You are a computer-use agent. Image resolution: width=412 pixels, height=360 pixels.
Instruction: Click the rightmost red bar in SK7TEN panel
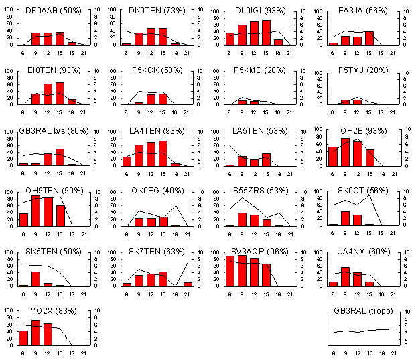point(188,284)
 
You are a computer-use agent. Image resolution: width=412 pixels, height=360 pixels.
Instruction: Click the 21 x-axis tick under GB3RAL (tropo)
point(393,353)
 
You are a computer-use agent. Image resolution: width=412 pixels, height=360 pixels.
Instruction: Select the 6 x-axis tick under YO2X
point(23,353)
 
